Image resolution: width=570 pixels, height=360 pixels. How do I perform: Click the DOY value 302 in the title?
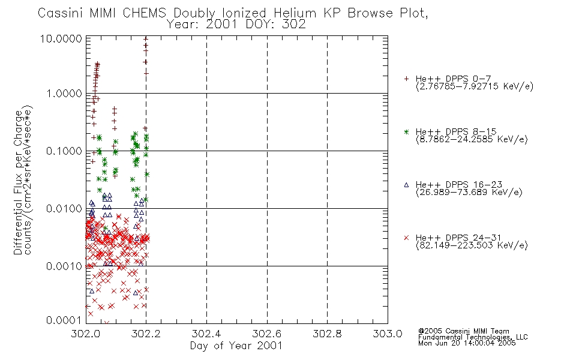[294, 25]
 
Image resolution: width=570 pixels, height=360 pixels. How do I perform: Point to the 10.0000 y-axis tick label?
[61, 38]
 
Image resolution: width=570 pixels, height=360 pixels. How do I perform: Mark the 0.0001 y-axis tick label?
[64, 320]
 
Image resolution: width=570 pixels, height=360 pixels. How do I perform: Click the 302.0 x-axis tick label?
[85, 334]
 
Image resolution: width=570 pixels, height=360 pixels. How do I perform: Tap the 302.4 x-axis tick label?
[206, 334]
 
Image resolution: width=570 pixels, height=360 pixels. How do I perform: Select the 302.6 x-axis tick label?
[267, 334]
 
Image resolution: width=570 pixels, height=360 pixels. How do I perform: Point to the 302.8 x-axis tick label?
[327, 334]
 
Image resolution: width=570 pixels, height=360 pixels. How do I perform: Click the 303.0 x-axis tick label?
[388, 334]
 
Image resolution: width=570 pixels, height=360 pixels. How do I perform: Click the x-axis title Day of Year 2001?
[236, 346]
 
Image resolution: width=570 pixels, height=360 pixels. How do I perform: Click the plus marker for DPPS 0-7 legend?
[406, 79]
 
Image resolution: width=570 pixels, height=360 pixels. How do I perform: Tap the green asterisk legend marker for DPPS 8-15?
[406, 131]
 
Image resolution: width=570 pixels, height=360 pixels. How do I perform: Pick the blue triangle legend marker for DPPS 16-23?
[406, 185]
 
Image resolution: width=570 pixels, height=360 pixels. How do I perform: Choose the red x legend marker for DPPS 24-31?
[406, 238]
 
